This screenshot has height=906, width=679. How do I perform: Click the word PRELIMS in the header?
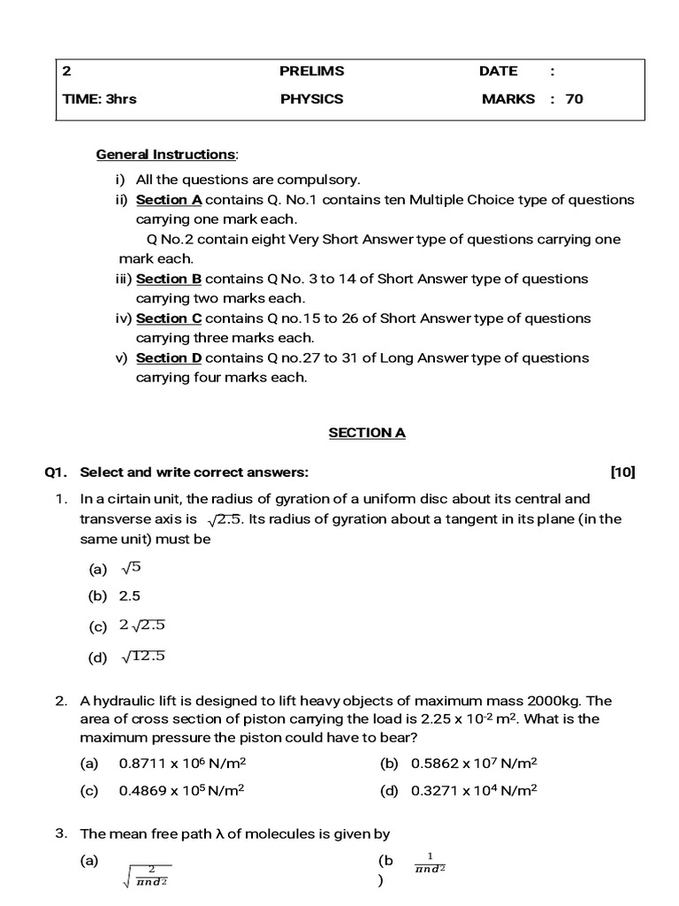pyautogui.click(x=312, y=71)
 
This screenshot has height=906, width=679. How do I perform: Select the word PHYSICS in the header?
pyautogui.click(x=311, y=99)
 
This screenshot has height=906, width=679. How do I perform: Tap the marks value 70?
pyautogui.click(x=574, y=99)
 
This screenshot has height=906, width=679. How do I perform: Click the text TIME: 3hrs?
pyautogui.click(x=100, y=99)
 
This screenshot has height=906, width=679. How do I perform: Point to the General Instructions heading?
pyautogui.click(x=165, y=155)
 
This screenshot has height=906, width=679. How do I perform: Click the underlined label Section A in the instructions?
pyautogui.click(x=170, y=200)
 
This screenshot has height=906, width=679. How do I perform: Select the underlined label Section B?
pyautogui.click(x=170, y=279)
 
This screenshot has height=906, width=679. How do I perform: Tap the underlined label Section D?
pyautogui.click(x=170, y=358)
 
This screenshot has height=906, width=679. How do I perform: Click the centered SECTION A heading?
pyautogui.click(x=367, y=433)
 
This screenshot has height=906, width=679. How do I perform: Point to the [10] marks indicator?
pyautogui.click(x=622, y=472)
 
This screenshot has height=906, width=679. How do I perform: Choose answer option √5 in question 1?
pyautogui.click(x=132, y=568)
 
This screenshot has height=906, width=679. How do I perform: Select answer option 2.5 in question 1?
pyautogui.click(x=130, y=596)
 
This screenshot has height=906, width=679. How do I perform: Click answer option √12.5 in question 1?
pyautogui.click(x=143, y=656)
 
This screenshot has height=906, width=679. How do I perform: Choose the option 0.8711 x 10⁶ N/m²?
pyautogui.click(x=181, y=763)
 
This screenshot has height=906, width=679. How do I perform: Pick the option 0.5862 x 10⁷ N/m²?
pyautogui.click(x=474, y=763)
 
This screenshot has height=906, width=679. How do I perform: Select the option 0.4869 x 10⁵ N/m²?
pyautogui.click(x=181, y=791)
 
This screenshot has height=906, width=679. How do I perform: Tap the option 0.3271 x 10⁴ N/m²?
pyautogui.click(x=474, y=791)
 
